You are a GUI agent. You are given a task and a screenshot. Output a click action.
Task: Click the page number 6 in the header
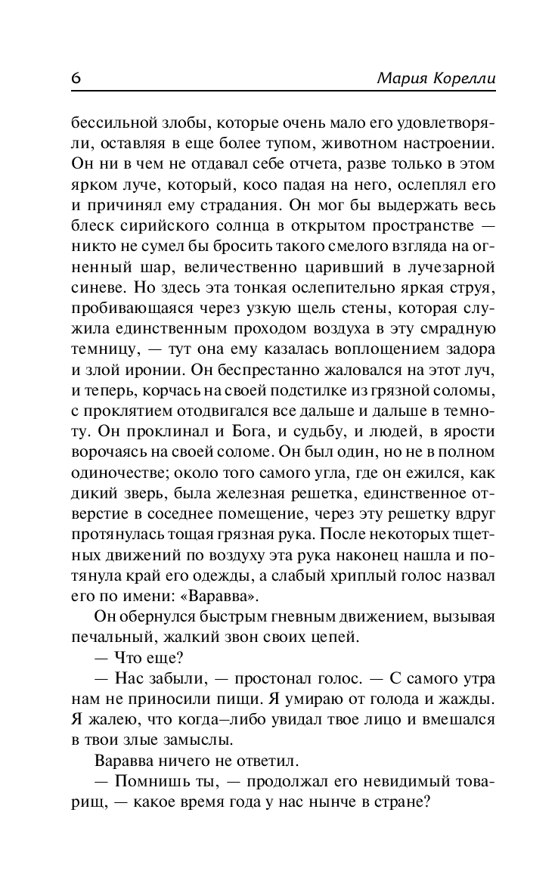(76, 79)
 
